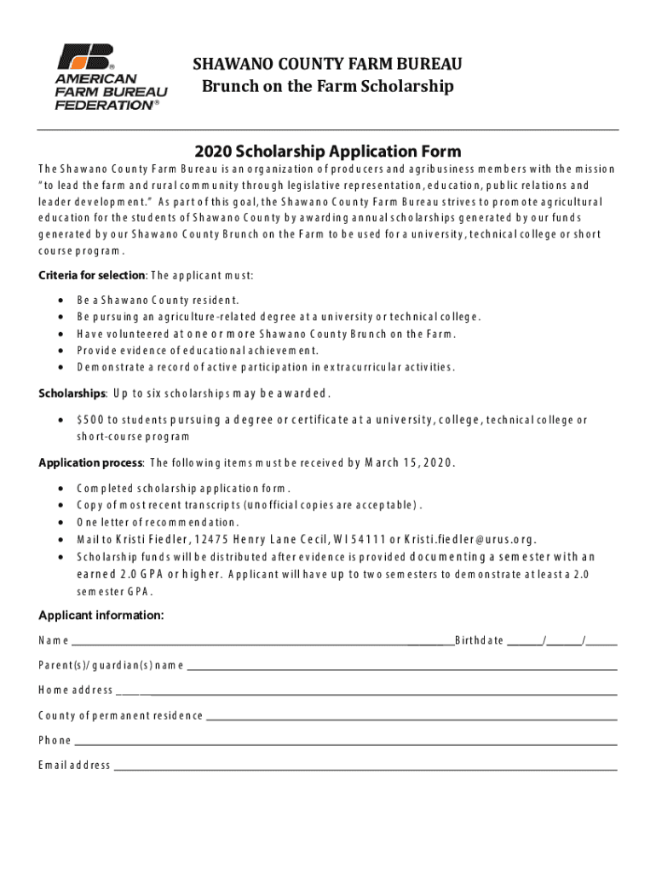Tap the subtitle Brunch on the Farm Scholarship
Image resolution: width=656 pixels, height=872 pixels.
327,87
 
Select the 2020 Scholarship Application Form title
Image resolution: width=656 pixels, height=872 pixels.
327,152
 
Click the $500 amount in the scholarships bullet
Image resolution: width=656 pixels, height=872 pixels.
89,420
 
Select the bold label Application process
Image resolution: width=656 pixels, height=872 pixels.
90,463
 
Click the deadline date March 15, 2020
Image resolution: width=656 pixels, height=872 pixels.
409,463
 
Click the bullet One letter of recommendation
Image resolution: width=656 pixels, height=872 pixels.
158,522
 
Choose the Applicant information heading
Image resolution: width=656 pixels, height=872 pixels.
101,616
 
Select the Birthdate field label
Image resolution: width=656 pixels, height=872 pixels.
480,640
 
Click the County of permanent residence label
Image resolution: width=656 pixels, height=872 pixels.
120,715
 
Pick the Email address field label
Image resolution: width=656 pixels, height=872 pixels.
74,765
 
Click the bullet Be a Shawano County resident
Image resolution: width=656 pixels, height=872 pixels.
158,300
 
